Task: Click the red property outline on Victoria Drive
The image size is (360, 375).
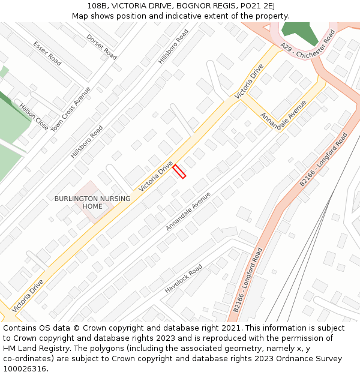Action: tap(179, 171)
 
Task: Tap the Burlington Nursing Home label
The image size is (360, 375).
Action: tap(92, 203)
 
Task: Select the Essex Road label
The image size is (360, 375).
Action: tap(47, 53)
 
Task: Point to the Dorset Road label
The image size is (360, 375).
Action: tap(101, 46)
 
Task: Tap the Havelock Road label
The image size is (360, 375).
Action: tap(184, 280)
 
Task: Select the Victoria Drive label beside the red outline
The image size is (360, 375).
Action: tap(156, 176)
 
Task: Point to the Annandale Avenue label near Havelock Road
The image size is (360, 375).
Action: tap(188, 212)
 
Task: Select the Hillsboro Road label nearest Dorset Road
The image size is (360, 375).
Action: tap(173, 46)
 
